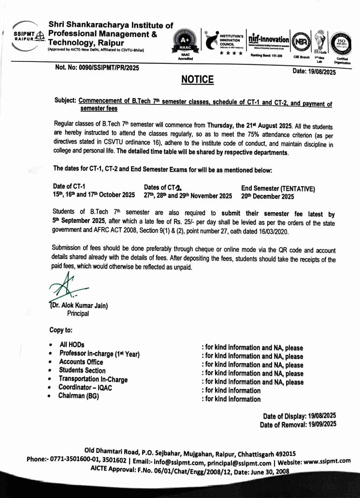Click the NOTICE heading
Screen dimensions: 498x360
(x=197, y=79)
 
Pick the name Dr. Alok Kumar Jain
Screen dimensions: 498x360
(x=79, y=305)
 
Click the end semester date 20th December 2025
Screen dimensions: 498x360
(x=267, y=196)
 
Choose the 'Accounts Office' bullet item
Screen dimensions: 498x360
(x=81, y=362)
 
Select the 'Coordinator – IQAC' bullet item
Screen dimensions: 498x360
(x=85, y=387)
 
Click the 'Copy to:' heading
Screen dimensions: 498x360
(x=61, y=330)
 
